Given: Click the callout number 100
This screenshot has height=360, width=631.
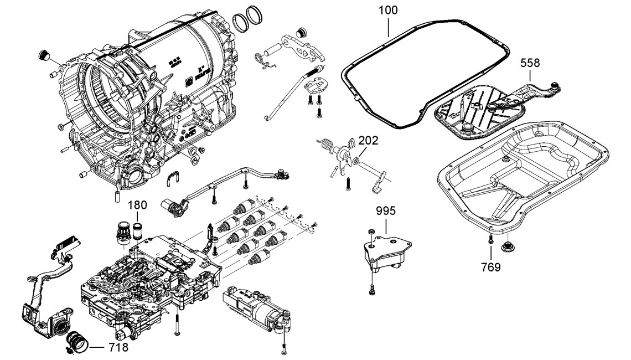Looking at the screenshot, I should [x=388, y=10].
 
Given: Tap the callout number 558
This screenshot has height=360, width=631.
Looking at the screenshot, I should [x=530, y=64].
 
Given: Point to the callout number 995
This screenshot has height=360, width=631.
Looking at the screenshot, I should [x=386, y=211].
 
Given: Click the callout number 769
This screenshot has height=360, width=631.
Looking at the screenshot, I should [x=490, y=268].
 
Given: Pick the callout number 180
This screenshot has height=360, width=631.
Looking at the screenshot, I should [x=138, y=204].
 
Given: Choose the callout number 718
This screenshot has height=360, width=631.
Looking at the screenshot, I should [x=118, y=348].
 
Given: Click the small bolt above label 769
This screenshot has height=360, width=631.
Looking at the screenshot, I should [x=490, y=239].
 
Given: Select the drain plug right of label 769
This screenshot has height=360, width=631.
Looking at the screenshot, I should [x=506, y=245].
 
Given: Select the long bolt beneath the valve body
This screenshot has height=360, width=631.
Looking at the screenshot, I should [x=176, y=325].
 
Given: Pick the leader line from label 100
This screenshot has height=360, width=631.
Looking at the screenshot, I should [x=389, y=25].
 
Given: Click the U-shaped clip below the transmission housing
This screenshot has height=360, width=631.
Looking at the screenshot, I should [x=174, y=178].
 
